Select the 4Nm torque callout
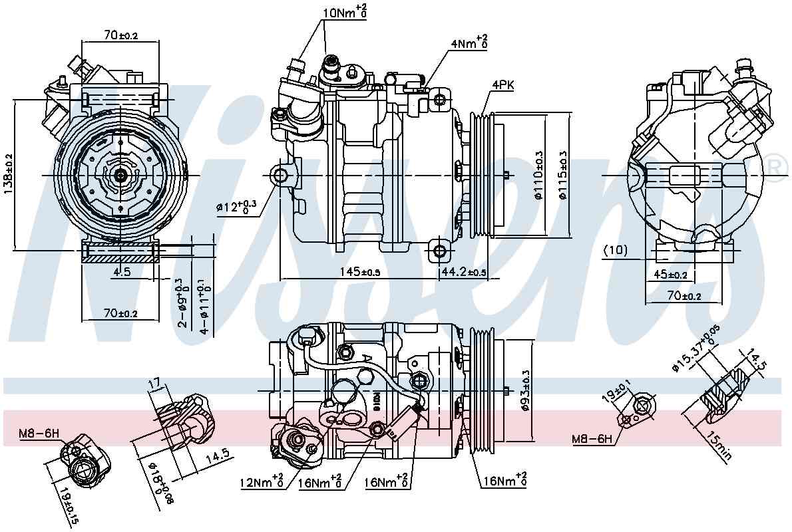click(x=469, y=43)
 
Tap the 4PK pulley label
click(x=502, y=84)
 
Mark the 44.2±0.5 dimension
click(x=463, y=272)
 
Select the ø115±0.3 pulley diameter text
click(x=563, y=176)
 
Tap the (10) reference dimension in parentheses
click(x=615, y=250)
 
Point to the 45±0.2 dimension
click(x=670, y=274)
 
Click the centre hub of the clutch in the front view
click(x=120, y=175)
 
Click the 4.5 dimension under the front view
click(x=121, y=271)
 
